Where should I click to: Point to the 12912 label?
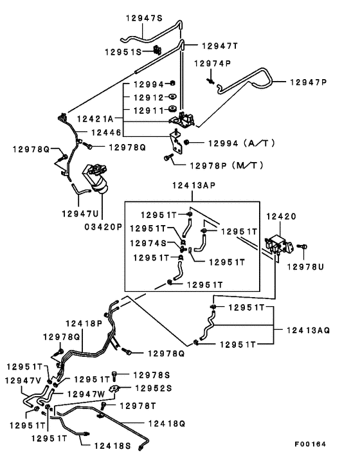[149, 98]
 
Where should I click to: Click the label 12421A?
[94, 119]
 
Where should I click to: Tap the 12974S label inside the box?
[148, 243]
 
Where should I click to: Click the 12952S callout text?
[152, 388]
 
